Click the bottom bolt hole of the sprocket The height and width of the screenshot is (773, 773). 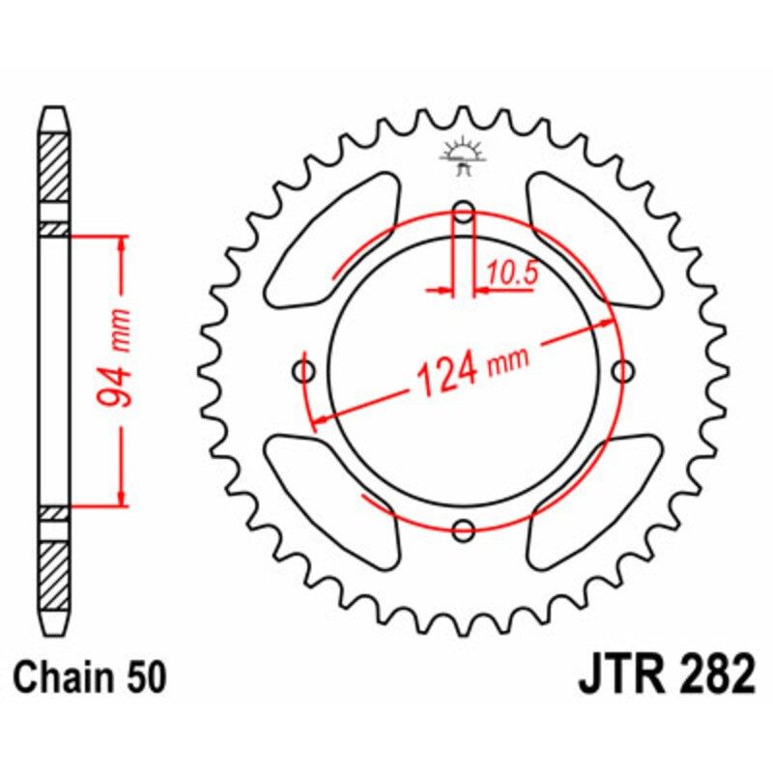464,529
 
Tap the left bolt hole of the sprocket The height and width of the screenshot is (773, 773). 305,371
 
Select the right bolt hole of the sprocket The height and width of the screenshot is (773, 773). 623,370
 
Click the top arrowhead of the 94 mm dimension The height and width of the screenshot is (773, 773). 121,242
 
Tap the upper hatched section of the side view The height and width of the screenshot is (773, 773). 55,164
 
